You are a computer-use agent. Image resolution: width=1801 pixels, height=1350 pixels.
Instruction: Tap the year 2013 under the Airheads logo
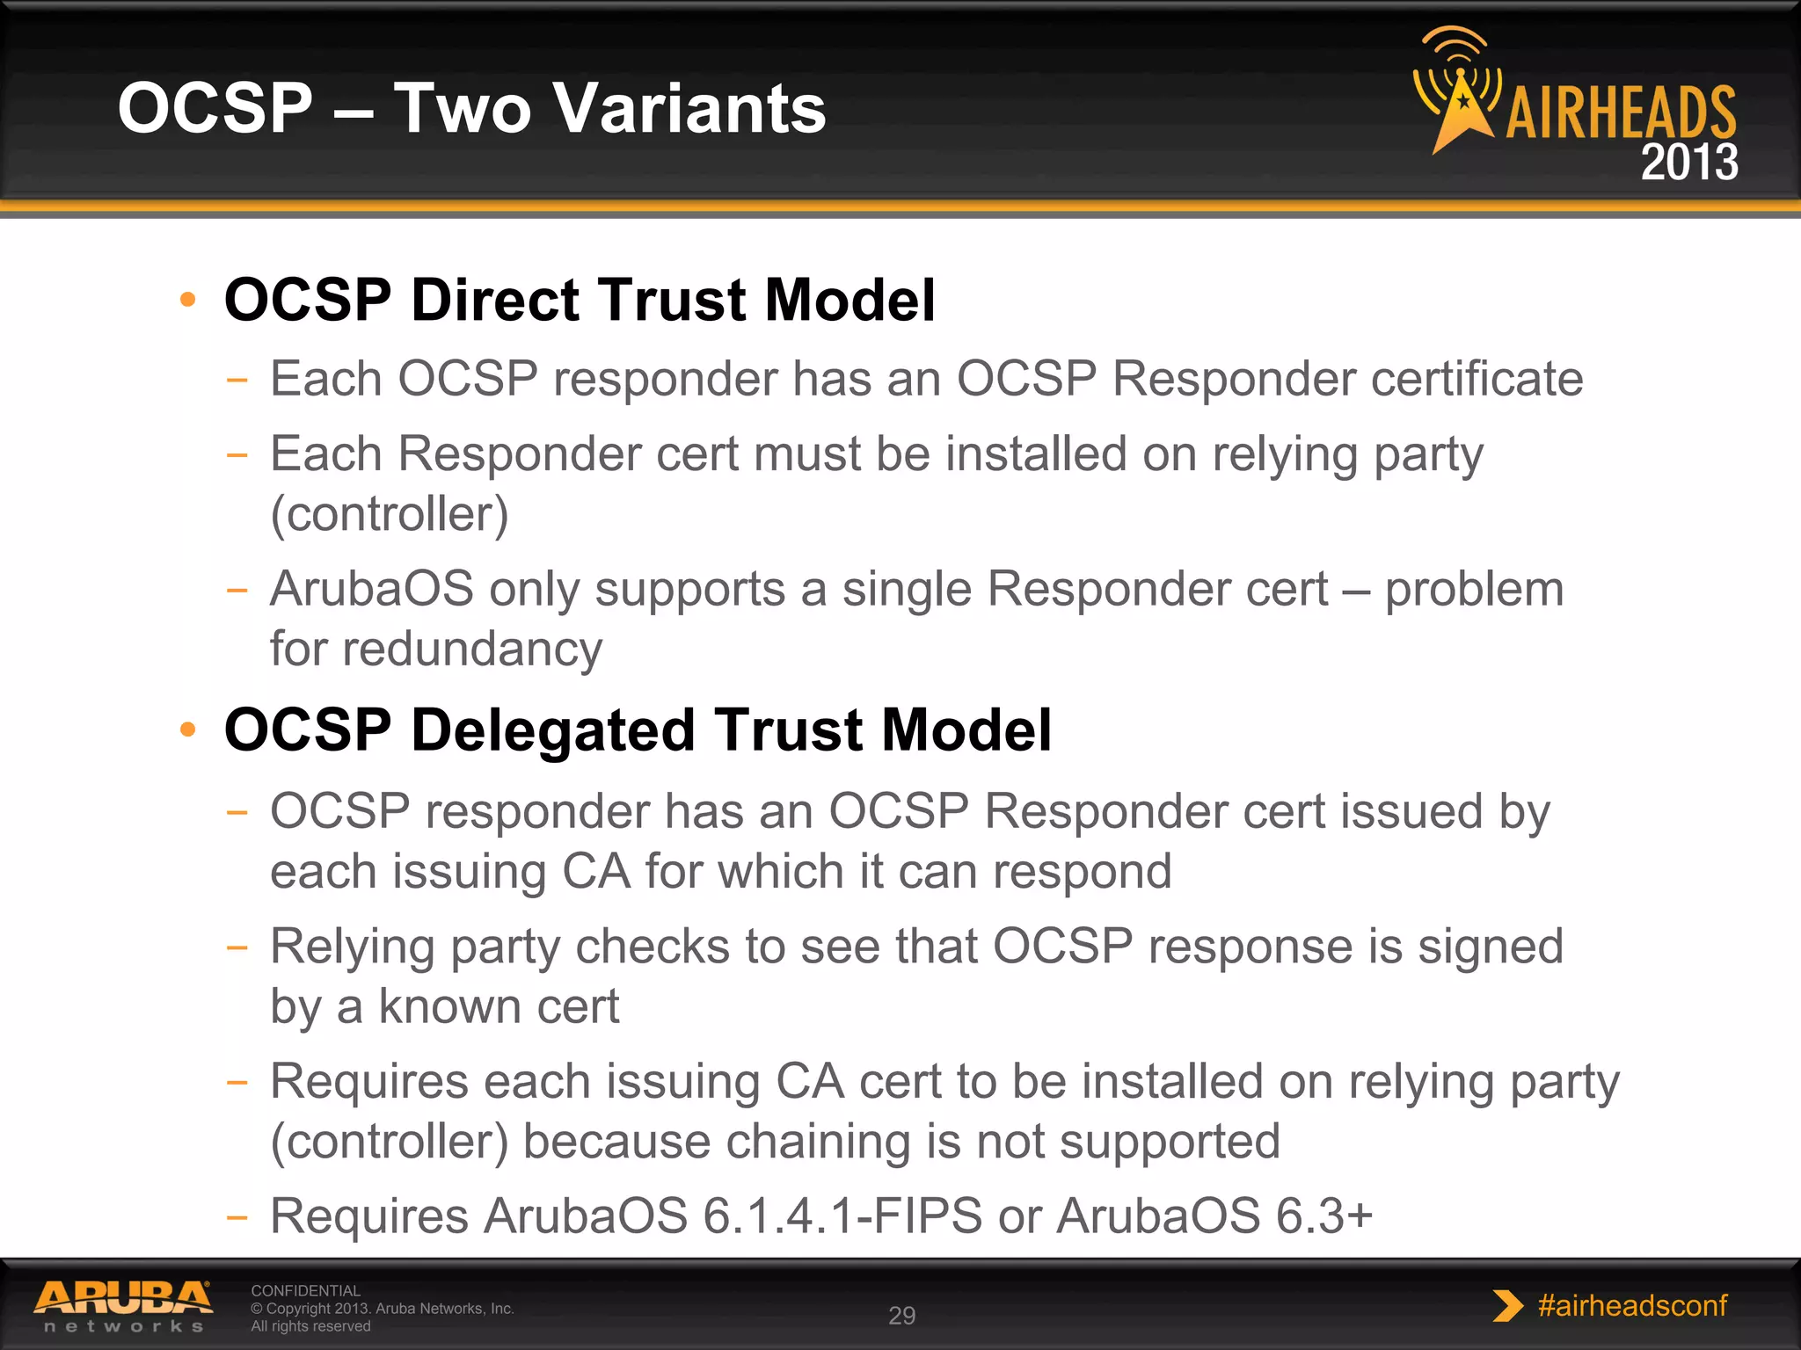1688,163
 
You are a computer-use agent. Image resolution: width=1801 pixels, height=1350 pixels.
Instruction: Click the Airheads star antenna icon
1457,92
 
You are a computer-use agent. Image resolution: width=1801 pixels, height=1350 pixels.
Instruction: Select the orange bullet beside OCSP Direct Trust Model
187,301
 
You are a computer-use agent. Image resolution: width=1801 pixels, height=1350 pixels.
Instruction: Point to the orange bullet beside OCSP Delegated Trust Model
187,729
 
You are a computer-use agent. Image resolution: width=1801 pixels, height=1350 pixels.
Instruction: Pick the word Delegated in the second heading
554,730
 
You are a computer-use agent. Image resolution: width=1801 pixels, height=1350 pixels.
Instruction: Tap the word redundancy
472,649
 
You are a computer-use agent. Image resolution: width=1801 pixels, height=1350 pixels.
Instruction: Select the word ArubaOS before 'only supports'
371,589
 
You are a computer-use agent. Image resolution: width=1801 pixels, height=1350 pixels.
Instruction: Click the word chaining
817,1142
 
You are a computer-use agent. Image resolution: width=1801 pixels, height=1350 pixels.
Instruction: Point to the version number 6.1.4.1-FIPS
842,1216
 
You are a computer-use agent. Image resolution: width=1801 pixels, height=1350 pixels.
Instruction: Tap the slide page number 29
901,1316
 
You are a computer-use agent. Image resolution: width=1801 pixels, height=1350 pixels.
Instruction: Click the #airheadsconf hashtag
1632,1306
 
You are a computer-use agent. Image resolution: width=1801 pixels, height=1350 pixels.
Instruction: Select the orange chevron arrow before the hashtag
1507,1306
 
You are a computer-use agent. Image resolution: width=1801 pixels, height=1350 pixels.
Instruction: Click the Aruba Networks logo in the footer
123,1306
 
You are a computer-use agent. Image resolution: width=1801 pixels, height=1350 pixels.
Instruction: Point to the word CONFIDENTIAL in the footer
305,1291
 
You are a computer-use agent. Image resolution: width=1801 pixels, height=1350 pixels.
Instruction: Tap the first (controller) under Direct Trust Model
389,514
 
